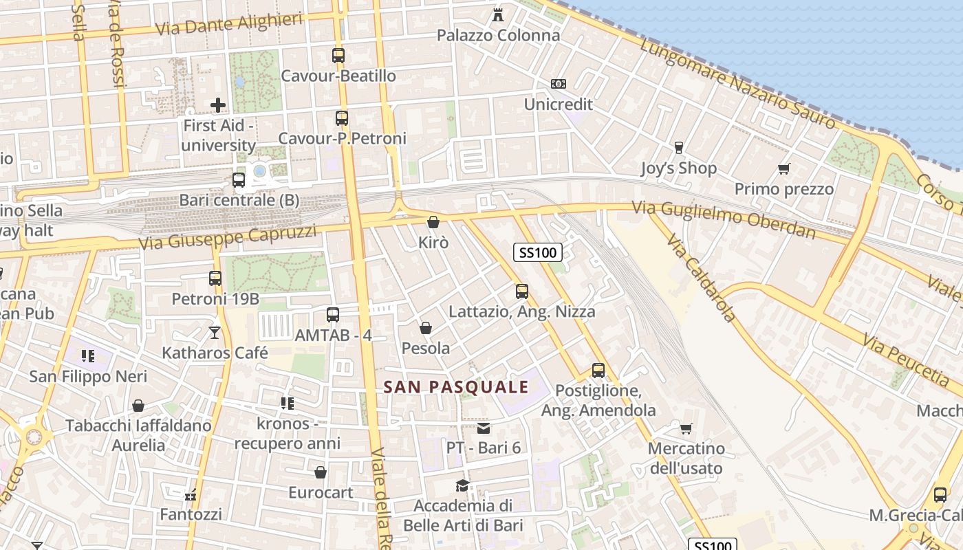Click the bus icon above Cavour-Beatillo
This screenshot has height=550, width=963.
coord(338,56)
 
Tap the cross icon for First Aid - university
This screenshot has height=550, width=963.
coord(218,105)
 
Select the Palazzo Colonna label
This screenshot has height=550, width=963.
coord(499,35)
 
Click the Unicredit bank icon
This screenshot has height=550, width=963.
coord(558,84)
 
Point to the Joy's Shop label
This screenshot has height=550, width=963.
coord(678,168)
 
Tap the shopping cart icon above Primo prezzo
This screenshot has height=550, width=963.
coord(783,168)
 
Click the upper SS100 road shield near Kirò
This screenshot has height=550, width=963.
coord(538,252)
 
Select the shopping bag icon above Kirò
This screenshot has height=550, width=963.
coord(433,222)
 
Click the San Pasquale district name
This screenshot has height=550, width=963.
coord(456,387)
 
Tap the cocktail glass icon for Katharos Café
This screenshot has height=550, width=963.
coord(215,333)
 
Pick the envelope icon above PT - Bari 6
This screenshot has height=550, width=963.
coord(484,428)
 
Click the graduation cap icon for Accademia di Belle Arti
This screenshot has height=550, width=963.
coord(463,485)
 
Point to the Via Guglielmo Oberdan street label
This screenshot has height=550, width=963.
coord(724,219)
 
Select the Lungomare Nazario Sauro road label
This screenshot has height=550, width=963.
coord(738,84)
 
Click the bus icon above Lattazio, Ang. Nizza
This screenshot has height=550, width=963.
coord(521,291)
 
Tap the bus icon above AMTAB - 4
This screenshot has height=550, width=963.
coord(333,315)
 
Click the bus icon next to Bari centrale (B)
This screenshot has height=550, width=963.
coord(239,180)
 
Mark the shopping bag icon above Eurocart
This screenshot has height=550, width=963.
coord(321,472)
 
